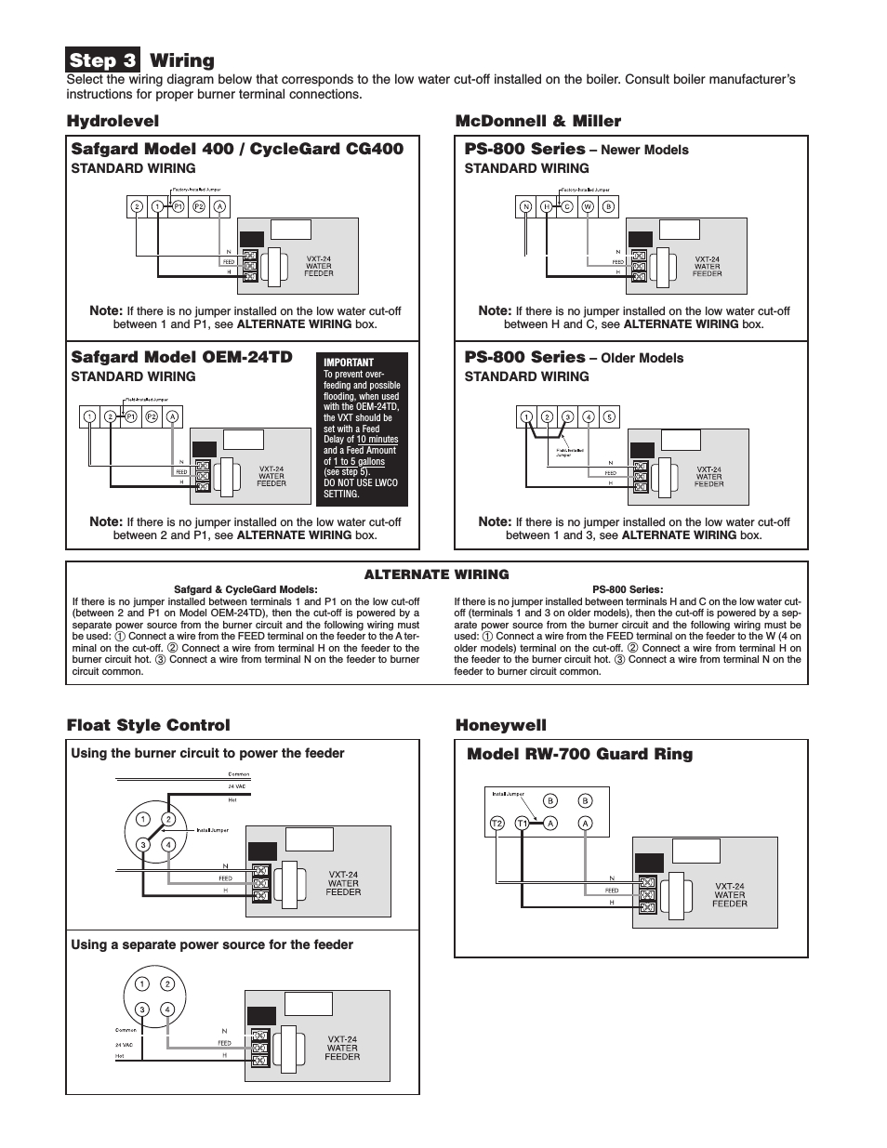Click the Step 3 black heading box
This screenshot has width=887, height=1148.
pyautogui.click(x=103, y=60)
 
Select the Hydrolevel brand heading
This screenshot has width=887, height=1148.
pyautogui.click(x=113, y=121)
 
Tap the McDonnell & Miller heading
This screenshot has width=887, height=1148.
pyautogui.click(x=537, y=121)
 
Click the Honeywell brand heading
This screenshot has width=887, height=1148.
pyautogui.click(x=500, y=725)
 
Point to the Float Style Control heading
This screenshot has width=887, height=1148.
pyautogui.click(x=148, y=725)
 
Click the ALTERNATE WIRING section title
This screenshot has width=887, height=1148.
pyautogui.click(x=436, y=574)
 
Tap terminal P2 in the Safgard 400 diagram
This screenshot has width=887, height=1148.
pyautogui.click(x=199, y=206)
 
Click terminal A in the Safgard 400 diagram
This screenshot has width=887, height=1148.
pyautogui.click(x=219, y=206)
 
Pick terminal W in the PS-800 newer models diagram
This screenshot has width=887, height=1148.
pyautogui.click(x=588, y=206)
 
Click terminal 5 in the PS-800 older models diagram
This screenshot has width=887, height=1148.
pyautogui.click(x=610, y=417)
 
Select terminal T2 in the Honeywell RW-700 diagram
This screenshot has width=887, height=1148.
pyautogui.click(x=496, y=823)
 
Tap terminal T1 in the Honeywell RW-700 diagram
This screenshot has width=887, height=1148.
pyautogui.click(x=523, y=823)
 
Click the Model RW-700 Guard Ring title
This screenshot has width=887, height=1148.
pyautogui.click(x=579, y=754)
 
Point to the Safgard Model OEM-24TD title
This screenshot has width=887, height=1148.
pyautogui.click(x=181, y=357)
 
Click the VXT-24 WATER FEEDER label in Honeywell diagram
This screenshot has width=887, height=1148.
pyautogui.click(x=730, y=895)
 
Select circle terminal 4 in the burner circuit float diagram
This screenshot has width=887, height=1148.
pyautogui.click(x=168, y=845)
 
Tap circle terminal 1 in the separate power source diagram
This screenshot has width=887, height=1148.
pyautogui.click(x=141, y=984)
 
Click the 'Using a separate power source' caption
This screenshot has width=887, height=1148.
pyautogui.click(x=212, y=945)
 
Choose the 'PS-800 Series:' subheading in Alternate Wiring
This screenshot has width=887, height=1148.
pyautogui.click(x=628, y=589)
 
